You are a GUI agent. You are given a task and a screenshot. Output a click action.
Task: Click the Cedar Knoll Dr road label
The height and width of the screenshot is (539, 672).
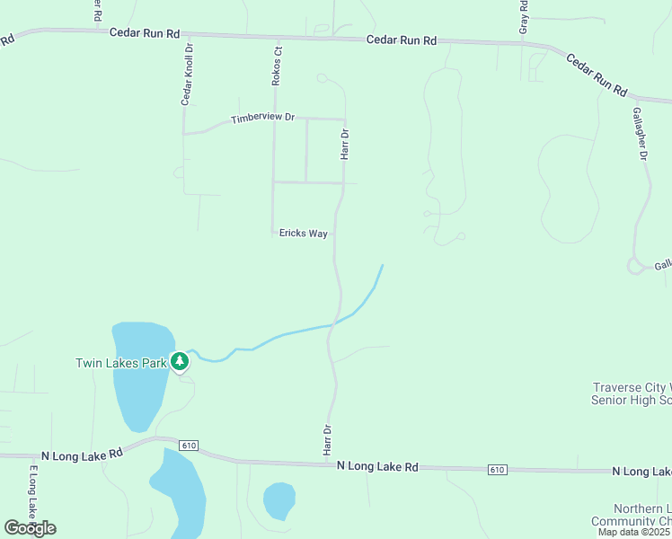coord(187,75)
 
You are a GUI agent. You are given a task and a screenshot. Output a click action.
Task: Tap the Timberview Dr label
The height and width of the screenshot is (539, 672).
coord(262,119)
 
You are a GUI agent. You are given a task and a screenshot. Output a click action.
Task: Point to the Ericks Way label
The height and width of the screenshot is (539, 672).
coord(303,234)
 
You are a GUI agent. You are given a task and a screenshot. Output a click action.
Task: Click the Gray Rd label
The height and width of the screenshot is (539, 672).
coord(524,17)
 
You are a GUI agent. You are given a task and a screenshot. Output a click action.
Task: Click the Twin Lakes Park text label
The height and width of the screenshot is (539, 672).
coord(121,363)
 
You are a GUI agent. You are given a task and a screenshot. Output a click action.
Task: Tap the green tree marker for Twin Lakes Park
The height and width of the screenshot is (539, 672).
coord(180,361)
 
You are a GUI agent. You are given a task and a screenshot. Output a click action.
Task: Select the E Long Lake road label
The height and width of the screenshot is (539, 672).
coord(32,493)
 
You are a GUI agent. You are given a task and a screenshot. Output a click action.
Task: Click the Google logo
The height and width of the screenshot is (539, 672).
coord(30,528)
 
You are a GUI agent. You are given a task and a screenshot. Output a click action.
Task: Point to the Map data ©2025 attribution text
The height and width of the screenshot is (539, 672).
coord(633,532)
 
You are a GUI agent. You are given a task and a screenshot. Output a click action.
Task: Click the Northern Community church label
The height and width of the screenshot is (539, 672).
coord(631,515)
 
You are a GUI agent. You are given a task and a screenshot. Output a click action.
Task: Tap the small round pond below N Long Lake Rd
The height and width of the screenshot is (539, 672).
coord(279,499)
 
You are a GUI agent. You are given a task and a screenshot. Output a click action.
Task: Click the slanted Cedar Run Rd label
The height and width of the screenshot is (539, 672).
coord(596,74)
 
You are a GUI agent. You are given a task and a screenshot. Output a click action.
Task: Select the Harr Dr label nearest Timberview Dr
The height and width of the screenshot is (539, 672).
coord(344,144)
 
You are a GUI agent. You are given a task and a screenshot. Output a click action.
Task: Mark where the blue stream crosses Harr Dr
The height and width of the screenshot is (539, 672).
coord(334,322)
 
